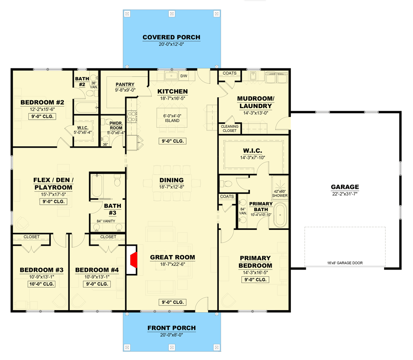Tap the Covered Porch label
[172, 37]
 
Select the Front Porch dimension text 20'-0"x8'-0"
[172, 335]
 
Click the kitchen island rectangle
[172, 118]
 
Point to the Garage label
[345, 187]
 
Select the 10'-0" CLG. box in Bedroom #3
[41, 284]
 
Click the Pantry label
[125, 84]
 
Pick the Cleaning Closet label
[230, 129]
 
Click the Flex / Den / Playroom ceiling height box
[53, 202]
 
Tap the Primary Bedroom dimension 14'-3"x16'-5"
[255, 272]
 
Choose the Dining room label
[172, 180]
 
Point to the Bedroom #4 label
[97, 270]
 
